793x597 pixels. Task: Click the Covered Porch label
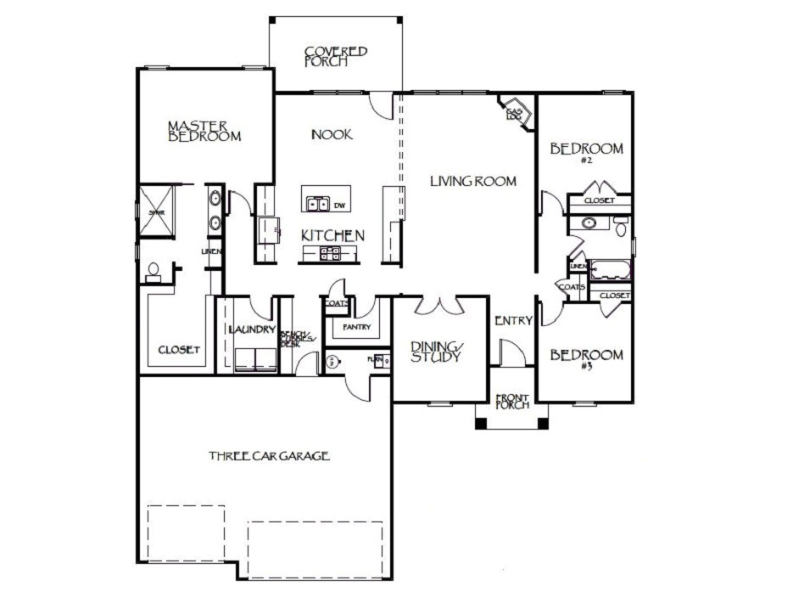[336, 56]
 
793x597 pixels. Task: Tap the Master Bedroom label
[204, 131]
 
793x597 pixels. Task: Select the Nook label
[332, 135]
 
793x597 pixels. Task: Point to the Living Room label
[472, 181]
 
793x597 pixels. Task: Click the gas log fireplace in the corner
[516, 112]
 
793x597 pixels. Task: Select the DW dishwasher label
[339, 206]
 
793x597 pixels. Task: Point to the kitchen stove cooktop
[330, 252]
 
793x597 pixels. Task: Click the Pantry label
[354, 327]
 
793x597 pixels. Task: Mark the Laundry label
[251, 329]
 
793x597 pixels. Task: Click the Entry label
[513, 321]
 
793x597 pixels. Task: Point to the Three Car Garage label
[269, 457]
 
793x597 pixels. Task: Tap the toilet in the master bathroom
[154, 271]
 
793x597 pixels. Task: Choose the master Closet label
[178, 350]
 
